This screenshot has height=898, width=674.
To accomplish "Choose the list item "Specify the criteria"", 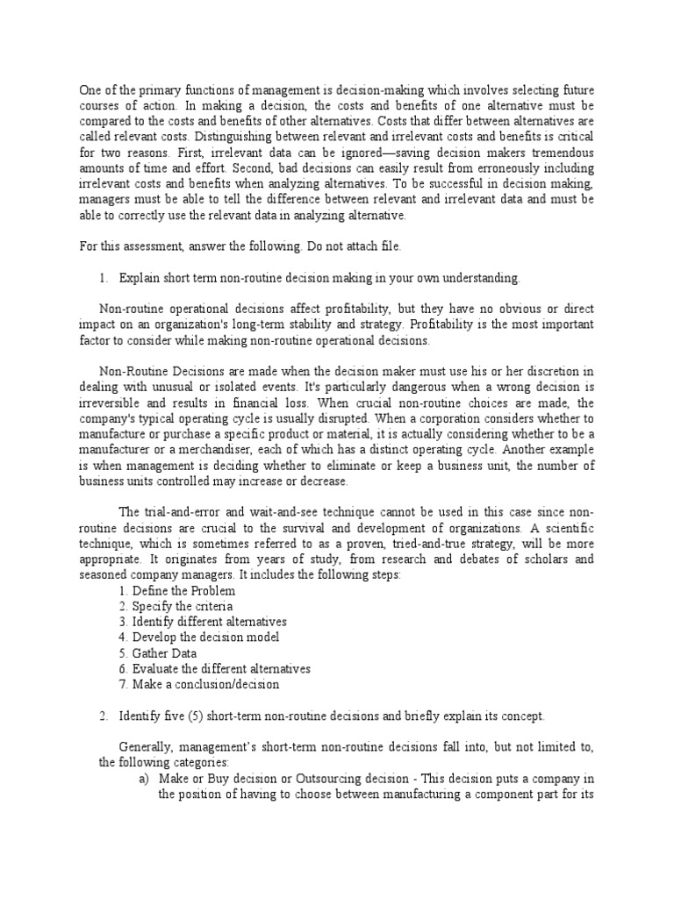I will click(174, 607).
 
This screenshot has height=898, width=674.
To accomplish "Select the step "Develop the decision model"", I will click(197, 638).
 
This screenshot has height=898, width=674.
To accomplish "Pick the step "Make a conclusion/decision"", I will click(198, 685).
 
